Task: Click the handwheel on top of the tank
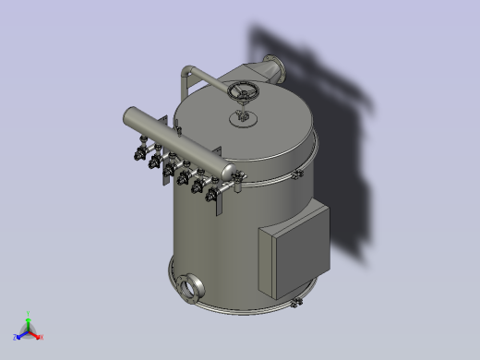click(245, 91)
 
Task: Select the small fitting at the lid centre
click(244, 117)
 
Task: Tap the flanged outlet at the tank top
click(273, 69)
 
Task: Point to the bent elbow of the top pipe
click(188, 71)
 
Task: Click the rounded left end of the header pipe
click(127, 119)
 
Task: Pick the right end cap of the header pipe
click(226, 172)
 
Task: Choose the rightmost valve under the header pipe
click(213, 193)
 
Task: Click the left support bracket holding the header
click(162, 129)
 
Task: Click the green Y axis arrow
click(29, 322)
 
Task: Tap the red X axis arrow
click(36, 334)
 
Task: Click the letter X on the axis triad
click(42, 337)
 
